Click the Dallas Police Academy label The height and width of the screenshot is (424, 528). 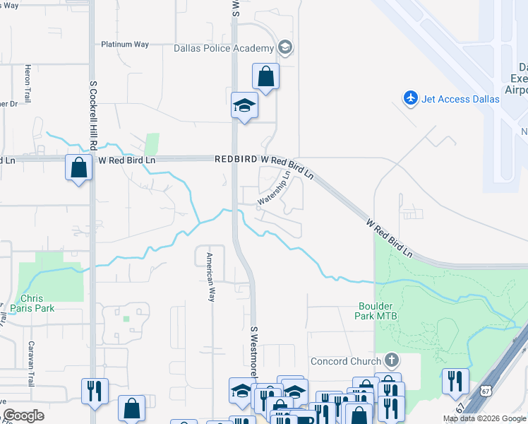tap(223, 48)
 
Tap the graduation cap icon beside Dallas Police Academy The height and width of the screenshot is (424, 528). tap(285, 48)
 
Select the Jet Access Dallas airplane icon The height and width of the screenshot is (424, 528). tap(410, 98)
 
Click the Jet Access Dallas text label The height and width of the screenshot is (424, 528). tap(460, 99)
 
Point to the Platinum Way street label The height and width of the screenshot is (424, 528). tap(124, 44)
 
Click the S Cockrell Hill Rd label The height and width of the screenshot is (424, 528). tap(92, 114)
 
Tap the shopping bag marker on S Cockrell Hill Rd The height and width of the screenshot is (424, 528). tap(78, 168)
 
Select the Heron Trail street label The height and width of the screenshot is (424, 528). tap(28, 84)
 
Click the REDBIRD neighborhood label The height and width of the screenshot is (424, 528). tap(236, 160)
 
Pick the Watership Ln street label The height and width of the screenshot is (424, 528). tap(274, 189)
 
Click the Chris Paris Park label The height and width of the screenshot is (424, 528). tap(37, 303)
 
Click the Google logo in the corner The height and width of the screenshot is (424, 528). tap(24, 416)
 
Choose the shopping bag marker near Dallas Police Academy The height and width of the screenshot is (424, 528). tap(265, 76)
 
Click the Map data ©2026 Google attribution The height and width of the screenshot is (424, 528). tap(484, 418)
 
